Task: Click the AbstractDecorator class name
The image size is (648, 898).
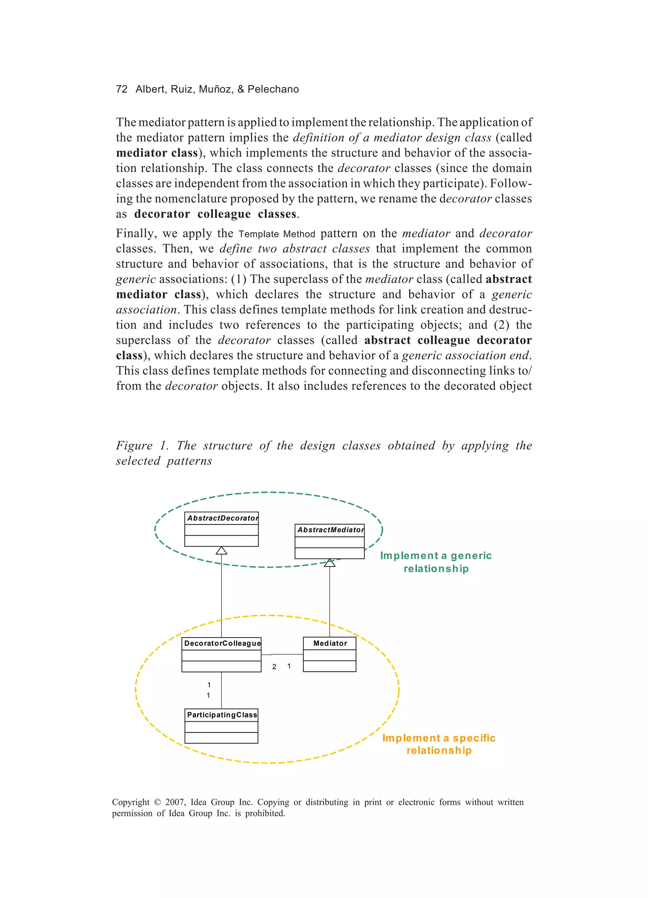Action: click(x=222, y=518)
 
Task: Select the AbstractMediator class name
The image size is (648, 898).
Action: click(x=330, y=530)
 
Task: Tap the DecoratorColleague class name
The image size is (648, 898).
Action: click(x=222, y=643)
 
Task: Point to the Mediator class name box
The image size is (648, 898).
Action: click(x=330, y=643)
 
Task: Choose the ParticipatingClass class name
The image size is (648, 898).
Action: click(x=222, y=715)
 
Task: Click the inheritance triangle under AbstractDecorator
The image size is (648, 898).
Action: click(x=221, y=551)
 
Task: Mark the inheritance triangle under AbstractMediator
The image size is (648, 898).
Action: click(x=330, y=563)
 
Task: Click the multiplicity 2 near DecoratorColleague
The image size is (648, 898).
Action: click(x=274, y=667)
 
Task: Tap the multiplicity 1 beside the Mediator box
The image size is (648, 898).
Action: click(x=289, y=666)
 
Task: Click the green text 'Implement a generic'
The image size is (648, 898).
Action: click(x=436, y=556)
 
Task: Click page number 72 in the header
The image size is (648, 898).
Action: click(x=121, y=89)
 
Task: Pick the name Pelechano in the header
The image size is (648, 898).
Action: click(x=273, y=89)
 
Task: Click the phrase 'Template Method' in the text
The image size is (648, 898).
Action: click(x=277, y=234)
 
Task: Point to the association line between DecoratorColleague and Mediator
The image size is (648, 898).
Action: click(x=287, y=654)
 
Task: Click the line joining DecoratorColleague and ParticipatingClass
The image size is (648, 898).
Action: click(x=221, y=690)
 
